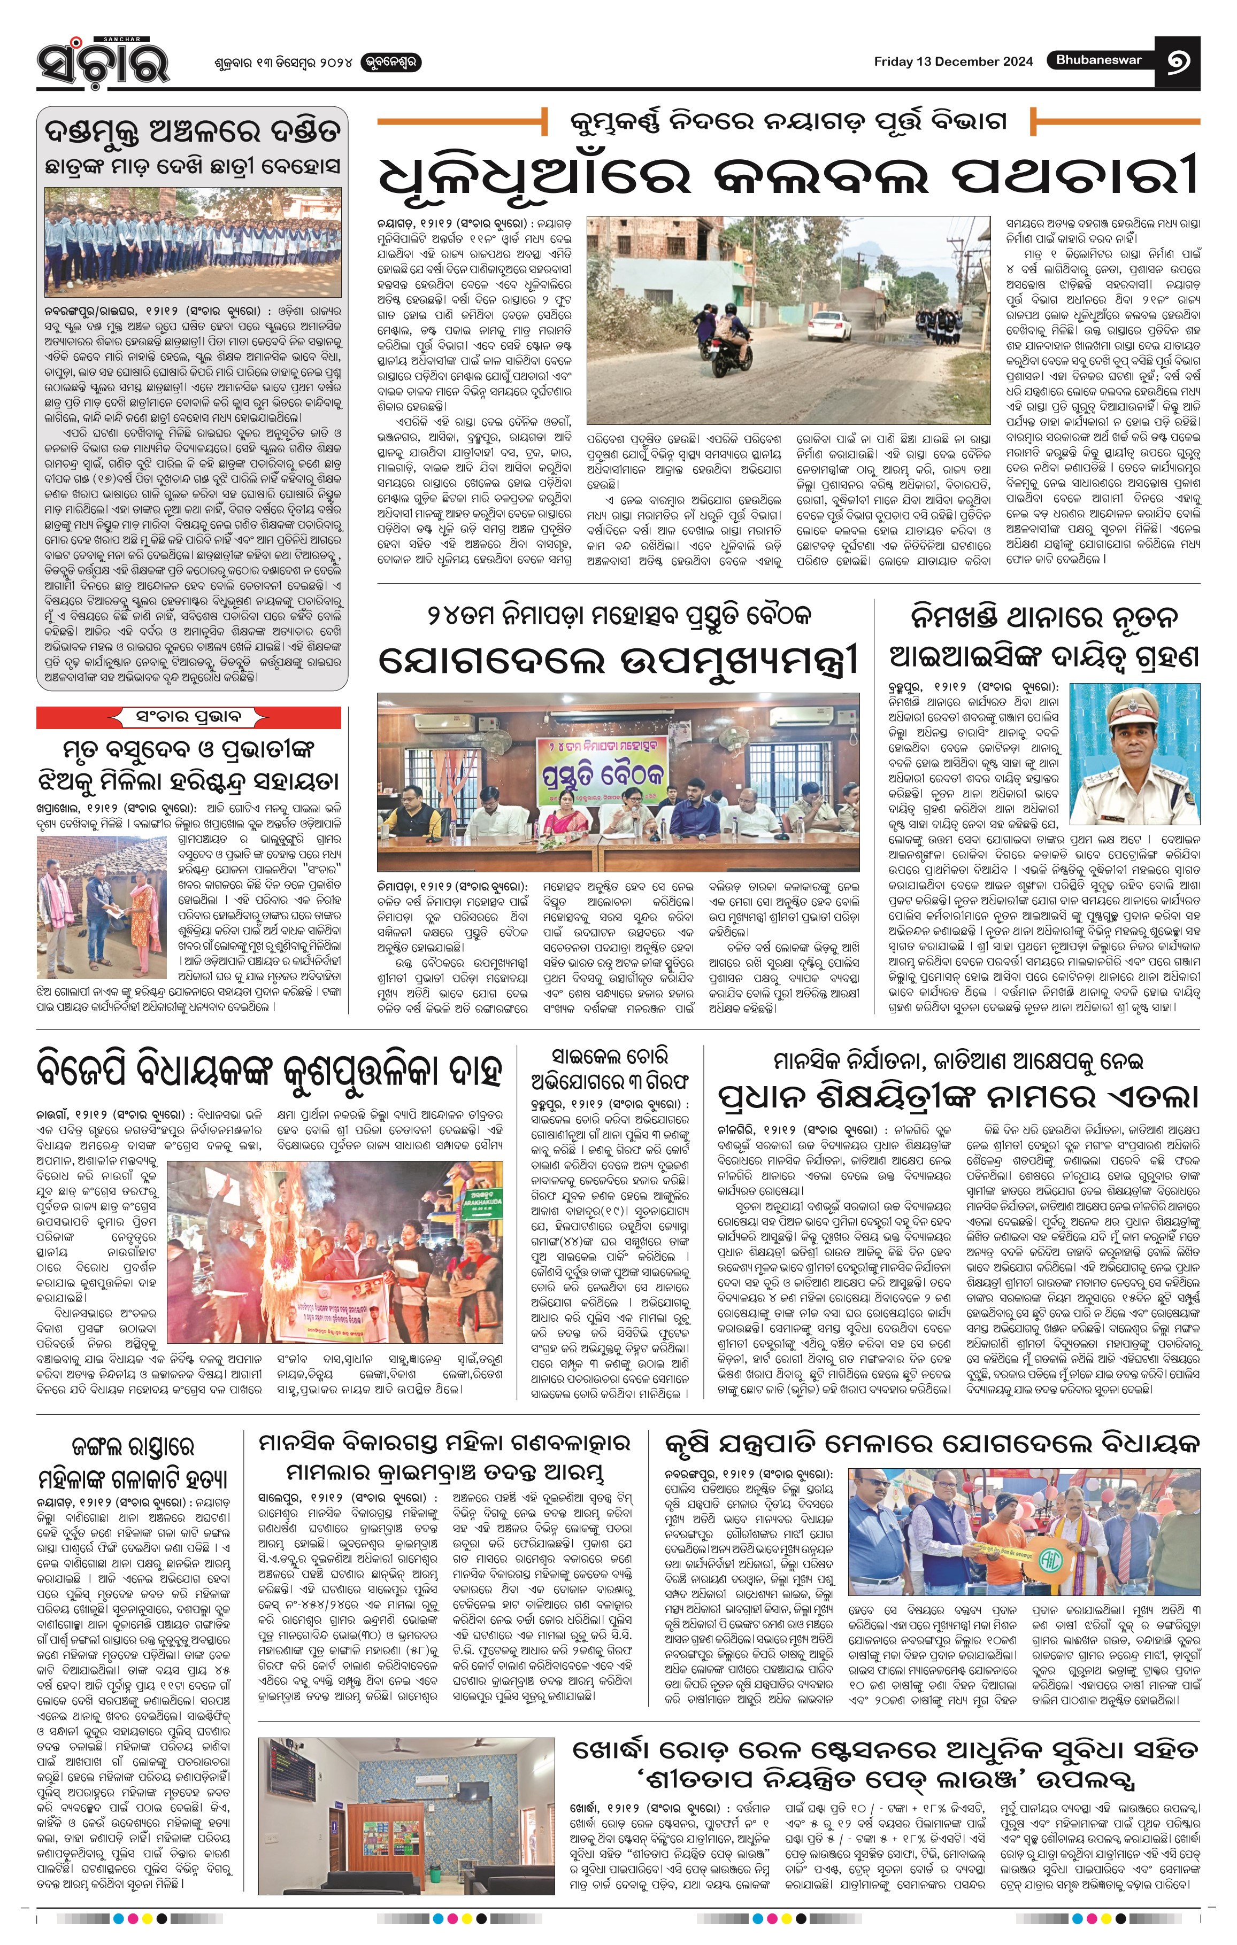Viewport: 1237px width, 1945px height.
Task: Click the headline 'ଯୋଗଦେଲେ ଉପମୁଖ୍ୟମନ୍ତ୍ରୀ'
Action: [618, 660]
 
